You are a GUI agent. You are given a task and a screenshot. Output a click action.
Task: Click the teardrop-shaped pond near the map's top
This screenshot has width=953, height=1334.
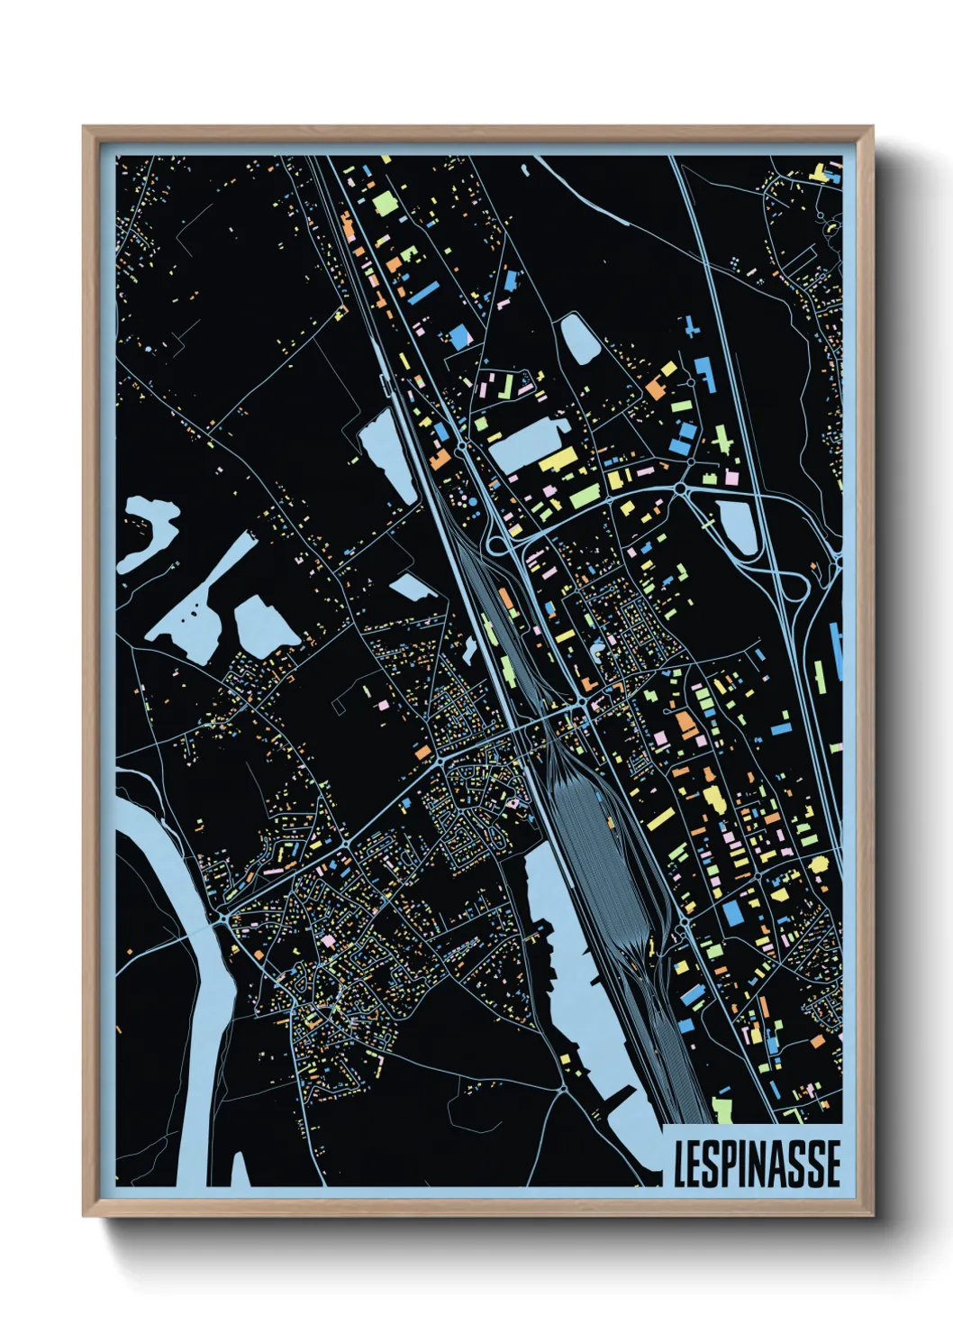(x=576, y=338)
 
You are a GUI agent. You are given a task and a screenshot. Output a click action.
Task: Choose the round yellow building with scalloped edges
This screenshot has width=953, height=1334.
(x=818, y=865)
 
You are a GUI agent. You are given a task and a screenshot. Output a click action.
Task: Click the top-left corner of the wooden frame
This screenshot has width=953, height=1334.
(x=86, y=129)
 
